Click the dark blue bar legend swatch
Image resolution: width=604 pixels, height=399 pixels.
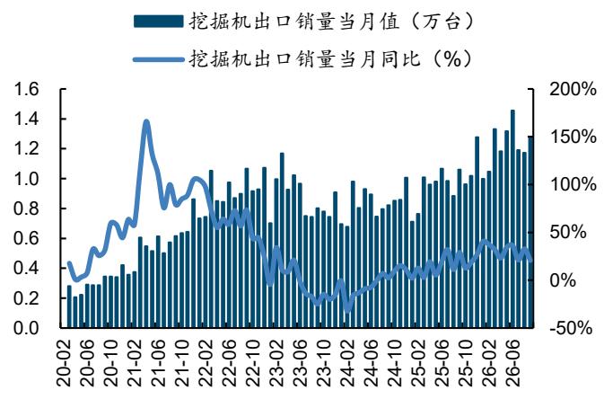point(158,22)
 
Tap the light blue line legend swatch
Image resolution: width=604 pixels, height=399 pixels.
point(158,59)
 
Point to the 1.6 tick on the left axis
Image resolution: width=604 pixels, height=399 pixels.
point(26,90)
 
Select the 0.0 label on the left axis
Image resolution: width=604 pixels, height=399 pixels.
point(26,328)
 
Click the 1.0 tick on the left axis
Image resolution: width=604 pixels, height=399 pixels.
point(26,179)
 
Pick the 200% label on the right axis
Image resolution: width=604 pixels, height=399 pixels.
point(573,90)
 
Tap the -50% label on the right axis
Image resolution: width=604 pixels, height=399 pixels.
point(571,328)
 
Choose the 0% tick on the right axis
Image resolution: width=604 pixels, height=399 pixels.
point(563,280)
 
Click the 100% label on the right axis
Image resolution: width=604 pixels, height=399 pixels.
point(573,185)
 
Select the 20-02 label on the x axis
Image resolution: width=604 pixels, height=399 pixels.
point(64,363)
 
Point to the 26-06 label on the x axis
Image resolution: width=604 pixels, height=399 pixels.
point(513,363)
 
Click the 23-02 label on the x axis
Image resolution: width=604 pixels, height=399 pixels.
point(277,363)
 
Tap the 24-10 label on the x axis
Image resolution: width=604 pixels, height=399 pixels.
point(395,363)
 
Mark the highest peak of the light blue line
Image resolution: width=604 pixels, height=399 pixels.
point(146,122)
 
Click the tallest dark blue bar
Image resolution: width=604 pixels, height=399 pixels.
point(512,218)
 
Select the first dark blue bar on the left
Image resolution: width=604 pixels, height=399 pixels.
point(69,306)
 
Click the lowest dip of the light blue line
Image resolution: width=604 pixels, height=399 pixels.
point(348,310)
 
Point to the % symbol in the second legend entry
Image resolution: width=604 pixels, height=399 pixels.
point(451,59)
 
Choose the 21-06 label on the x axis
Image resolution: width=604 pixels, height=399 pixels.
point(159,363)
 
